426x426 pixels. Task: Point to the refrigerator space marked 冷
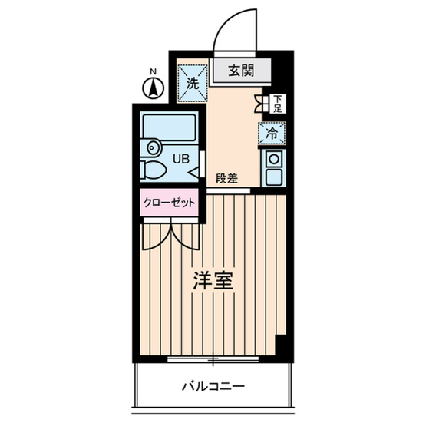272,132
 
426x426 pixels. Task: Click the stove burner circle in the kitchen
272,159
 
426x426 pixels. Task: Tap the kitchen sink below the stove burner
272,177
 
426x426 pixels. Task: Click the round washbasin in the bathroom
151,147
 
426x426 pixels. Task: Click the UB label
179,159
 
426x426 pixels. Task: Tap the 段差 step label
226,178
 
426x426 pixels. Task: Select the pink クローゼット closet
169,203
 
